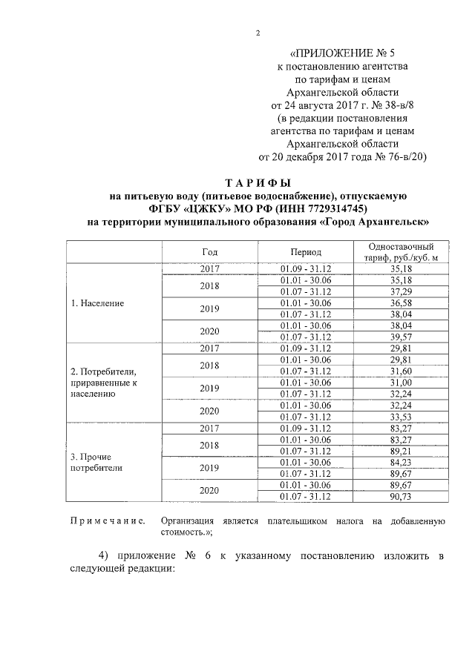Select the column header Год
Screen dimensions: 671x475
click(x=209, y=252)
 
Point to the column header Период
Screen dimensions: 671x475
click(x=305, y=252)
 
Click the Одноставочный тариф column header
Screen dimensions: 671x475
click(x=400, y=251)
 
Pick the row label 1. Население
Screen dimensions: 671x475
click(x=97, y=303)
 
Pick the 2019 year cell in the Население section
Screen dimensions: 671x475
click(x=209, y=308)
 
